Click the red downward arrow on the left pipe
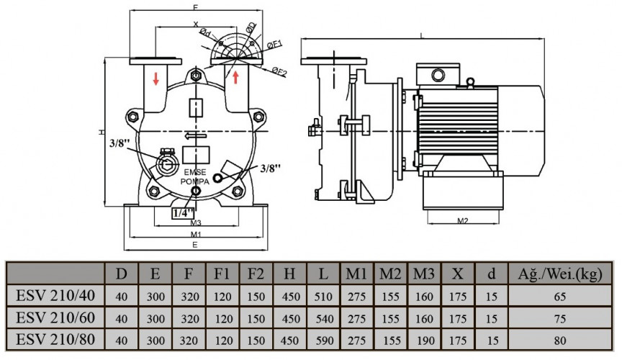(156, 78)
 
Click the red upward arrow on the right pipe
(235, 75)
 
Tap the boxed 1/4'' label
(184, 213)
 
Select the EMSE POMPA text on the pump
(195, 177)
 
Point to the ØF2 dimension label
(280, 71)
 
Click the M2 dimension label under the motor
(463, 220)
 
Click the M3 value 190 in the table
(425, 340)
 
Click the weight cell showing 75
(560, 318)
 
